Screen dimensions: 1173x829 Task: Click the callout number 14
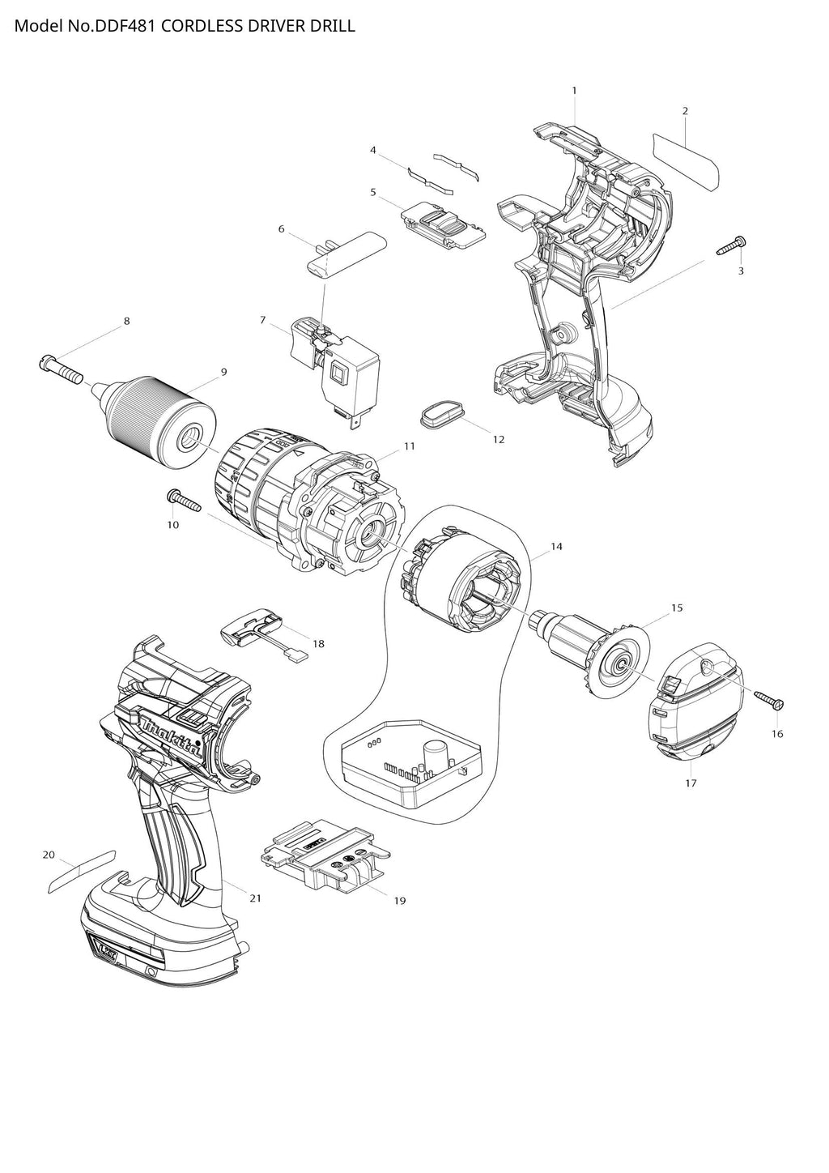click(556, 547)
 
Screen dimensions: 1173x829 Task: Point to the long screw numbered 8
click(62, 369)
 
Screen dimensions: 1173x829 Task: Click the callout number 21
click(255, 898)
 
